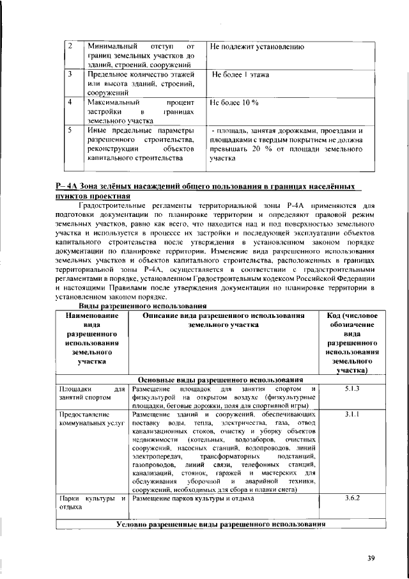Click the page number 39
point(371,558)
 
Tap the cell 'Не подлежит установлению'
point(257,47)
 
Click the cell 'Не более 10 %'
point(234,102)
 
